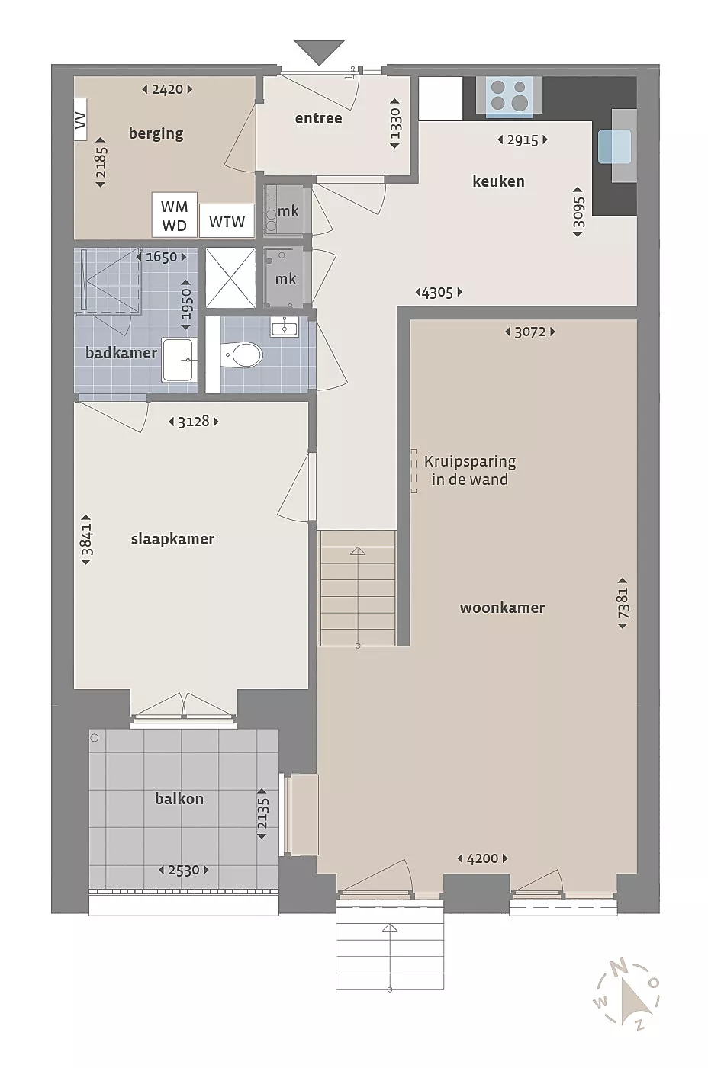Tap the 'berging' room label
click(156, 133)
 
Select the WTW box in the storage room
click(227, 221)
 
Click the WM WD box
click(174, 215)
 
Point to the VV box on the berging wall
click(80, 119)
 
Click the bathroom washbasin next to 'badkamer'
click(179, 360)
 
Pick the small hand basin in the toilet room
click(284, 327)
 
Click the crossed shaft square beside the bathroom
click(231, 278)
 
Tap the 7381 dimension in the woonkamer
click(623, 603)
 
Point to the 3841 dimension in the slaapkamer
click(86, 540)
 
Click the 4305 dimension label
click(439, 292)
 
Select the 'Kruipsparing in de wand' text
click(470, 470)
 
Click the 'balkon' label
click(179, 799)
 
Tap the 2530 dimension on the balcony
click(184, 870)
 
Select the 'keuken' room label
click(498, 181)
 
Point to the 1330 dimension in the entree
click(395, 123)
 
